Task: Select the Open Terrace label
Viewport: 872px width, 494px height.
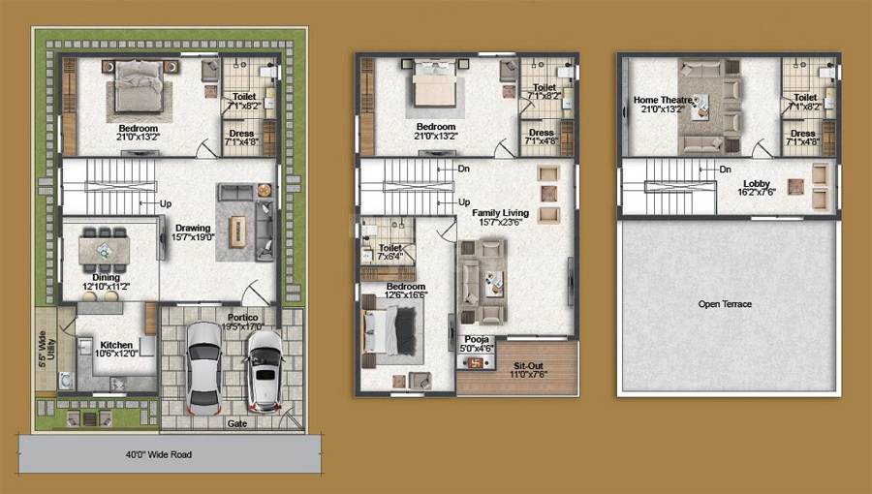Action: coord(725,304)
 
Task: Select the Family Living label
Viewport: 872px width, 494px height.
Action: coord(498,215)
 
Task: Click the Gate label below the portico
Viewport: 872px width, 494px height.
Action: coord(236,424)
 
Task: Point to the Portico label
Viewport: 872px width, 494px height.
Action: coord(242,319)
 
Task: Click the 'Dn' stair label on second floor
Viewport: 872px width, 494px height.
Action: coord(725,170)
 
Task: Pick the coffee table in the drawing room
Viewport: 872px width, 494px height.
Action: coord(235,230)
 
